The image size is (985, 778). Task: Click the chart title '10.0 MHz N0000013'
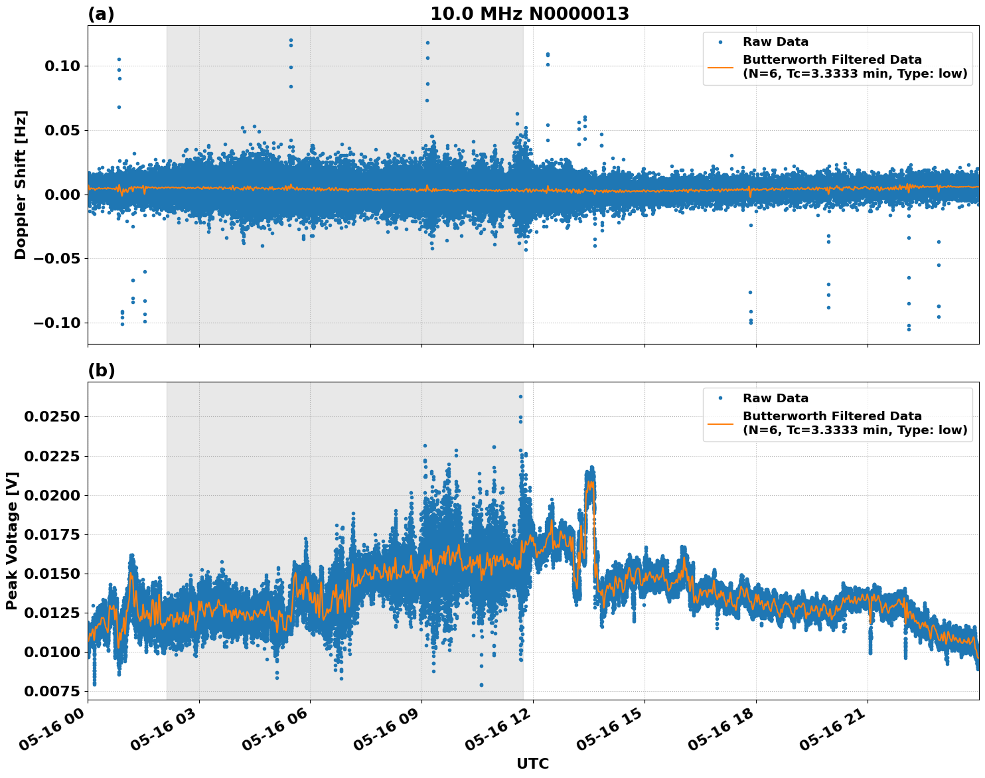click(x=529, y=14)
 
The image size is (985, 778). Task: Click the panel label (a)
click(x=101, y=14)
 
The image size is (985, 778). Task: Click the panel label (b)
click(x=101, y=370)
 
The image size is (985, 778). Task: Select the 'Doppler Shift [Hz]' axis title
click(x=21, y=185)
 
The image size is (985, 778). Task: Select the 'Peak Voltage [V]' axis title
click(x=12, y=540)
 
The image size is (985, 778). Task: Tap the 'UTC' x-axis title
click(x=532, y=763)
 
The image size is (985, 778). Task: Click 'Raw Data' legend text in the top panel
click(x=775, y=42)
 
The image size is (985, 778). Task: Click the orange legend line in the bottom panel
click(x=720, y=424)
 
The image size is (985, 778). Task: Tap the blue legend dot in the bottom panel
click(x=720, y=398)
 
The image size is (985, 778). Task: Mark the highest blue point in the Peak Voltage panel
click(x=520, y=396)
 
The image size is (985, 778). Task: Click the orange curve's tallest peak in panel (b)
click(x=589, y=482)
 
